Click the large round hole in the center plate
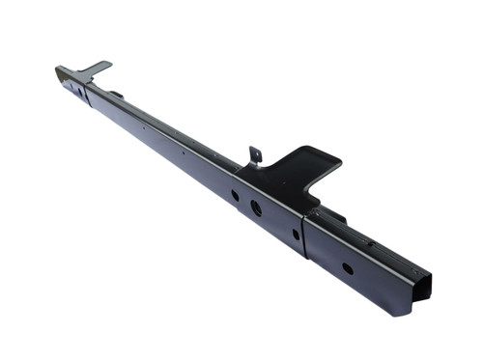pos(256,208)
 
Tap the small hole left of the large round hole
pos(235,195)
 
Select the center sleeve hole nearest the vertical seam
pos(296,233)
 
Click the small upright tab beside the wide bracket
pos(255,154)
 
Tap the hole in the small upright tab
pos(255,152)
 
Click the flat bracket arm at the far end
pos(95,69)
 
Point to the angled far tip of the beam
pos(60,71)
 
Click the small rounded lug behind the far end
pos(116,94)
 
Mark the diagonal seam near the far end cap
pos(88,92)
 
